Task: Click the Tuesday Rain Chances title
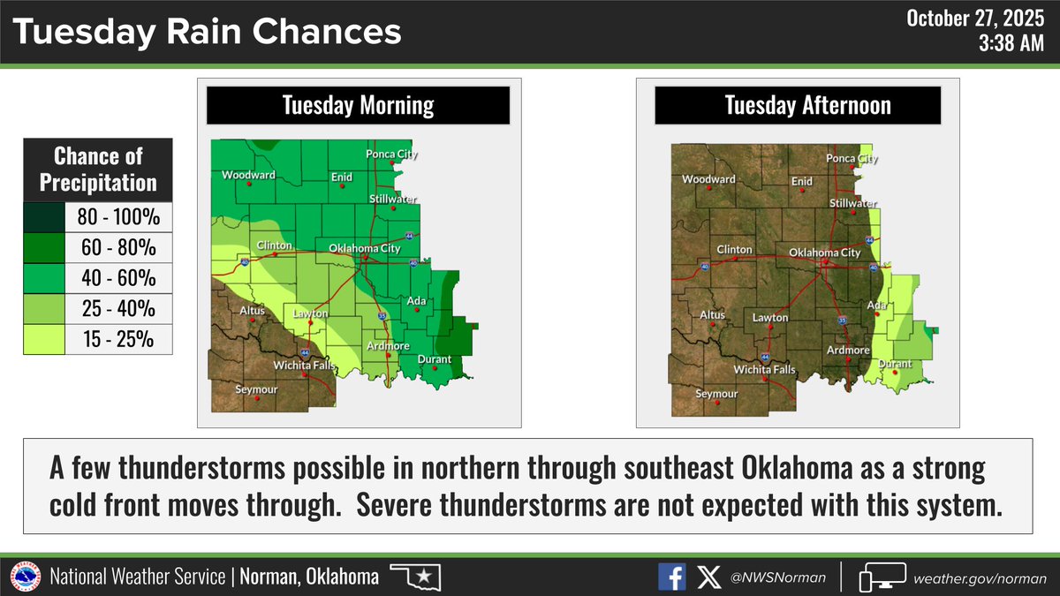point(208,33)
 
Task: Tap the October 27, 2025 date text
point(981,19)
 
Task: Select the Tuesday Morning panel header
point(358,106)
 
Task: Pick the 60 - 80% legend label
point(118,248)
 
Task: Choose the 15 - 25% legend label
point(118,339)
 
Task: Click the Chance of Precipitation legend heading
point(97,170)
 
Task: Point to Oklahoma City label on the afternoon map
point(823,253)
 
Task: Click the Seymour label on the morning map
point(256,389)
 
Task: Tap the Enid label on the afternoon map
point(801,181)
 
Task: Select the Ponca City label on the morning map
point(391,155)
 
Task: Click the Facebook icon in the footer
point(671,577)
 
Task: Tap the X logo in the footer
point(708,577)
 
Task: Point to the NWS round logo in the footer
point(25,577)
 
